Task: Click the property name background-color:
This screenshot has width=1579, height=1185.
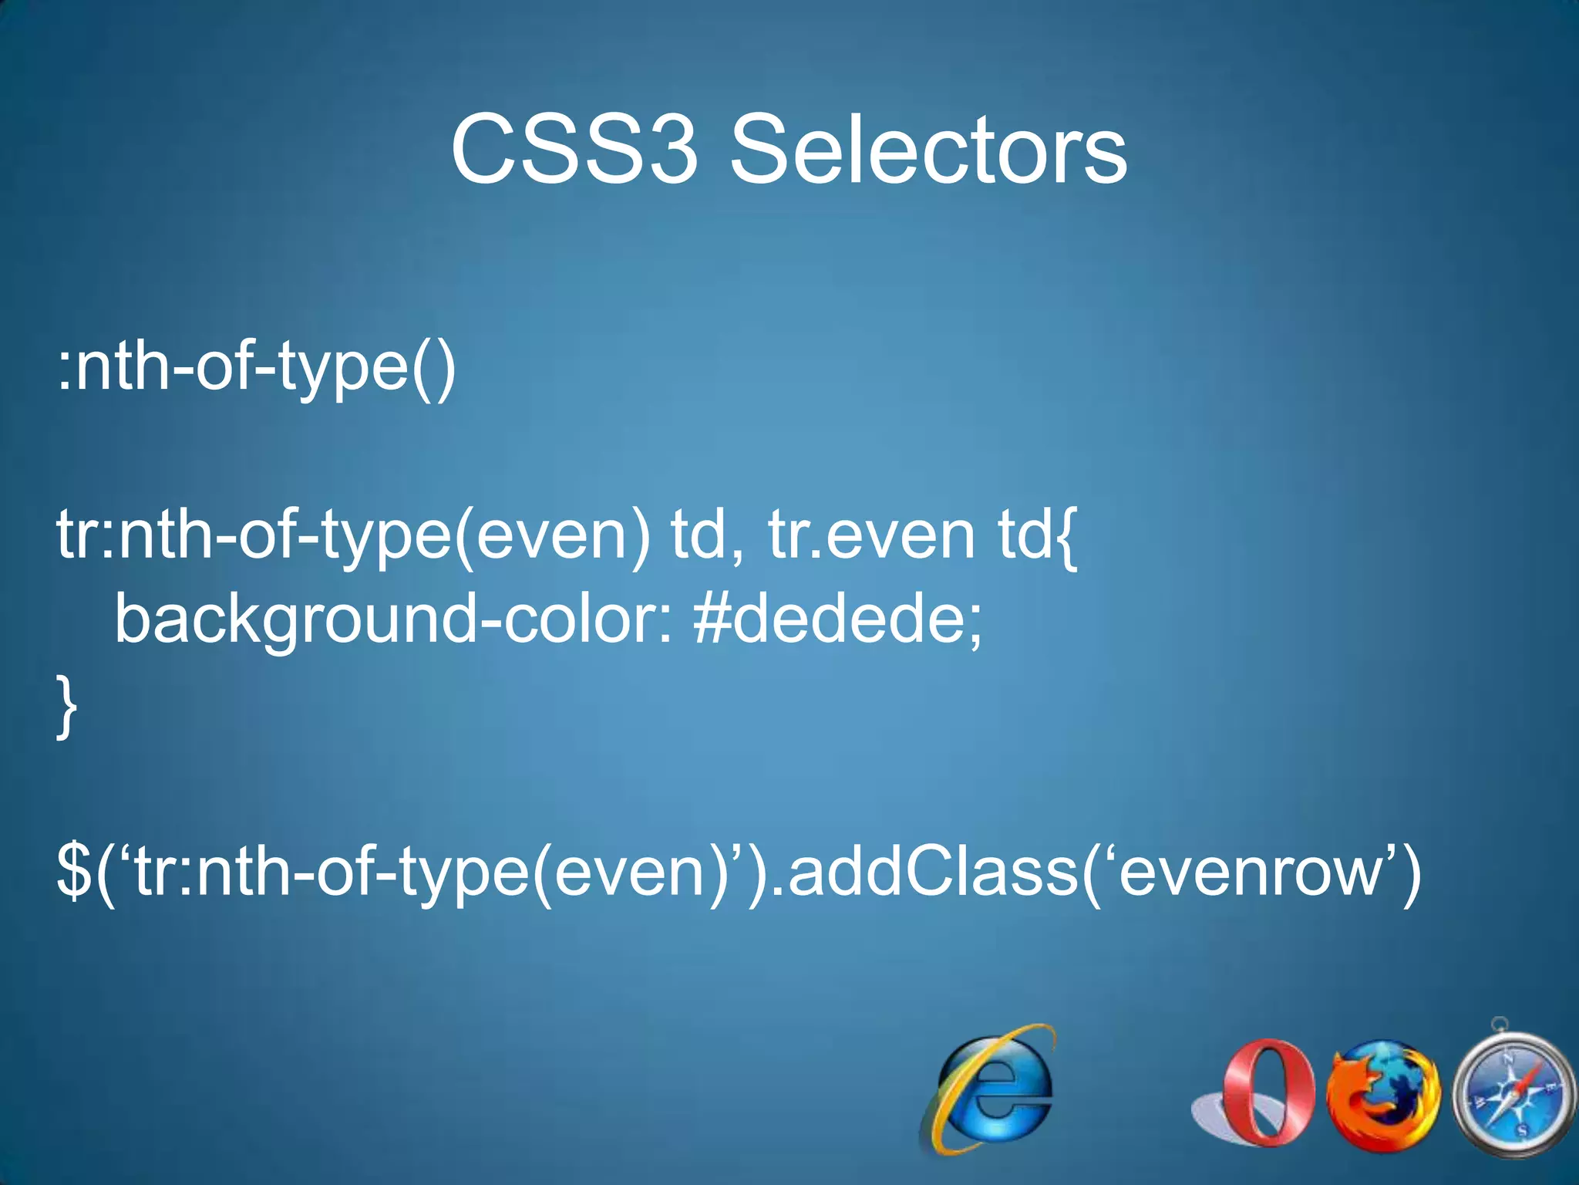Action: point(393,621)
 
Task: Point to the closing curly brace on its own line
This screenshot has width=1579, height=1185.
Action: point(66,706)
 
